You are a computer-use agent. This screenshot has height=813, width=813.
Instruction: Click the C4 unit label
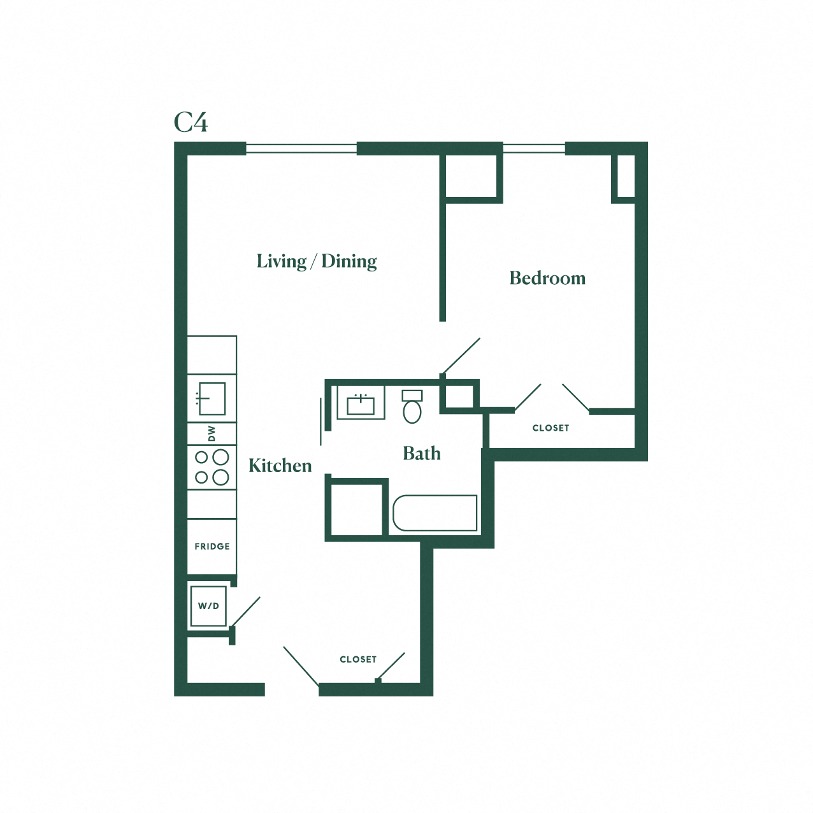click(x=191, y=122)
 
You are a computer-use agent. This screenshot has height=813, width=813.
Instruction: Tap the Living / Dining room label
click(x=317, y=261)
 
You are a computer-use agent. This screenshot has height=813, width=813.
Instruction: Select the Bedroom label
click(x=547, y=278)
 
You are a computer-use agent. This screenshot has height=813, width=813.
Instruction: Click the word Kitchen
click(x=280, y=466)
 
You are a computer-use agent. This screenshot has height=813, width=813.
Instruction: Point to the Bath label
click(x=421, y=454)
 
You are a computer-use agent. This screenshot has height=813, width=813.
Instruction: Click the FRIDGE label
click(x=212, y=547)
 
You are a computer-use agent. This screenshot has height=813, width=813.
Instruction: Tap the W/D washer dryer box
click(x=208, y=606)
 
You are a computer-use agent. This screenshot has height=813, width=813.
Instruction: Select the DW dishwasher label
click(x=212, y=433)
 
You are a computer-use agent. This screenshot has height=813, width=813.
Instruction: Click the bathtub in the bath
click(x=435, y=513)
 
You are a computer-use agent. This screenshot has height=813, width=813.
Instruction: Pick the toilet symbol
click(x=412, y=408)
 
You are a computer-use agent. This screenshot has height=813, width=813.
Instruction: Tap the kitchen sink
click(x=212, y=399)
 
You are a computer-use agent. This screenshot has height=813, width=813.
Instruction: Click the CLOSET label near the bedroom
click(x=550, y=428)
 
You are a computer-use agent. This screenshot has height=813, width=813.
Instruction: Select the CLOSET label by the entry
click(x=358, y=659)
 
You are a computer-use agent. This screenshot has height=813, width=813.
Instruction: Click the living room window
click(x=301, y=148)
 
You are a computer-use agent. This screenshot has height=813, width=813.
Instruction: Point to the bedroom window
click(x=534, y=148)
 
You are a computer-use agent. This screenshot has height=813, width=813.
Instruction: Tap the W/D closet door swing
click(x=246, y=612)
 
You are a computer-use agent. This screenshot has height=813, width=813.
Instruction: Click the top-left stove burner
click(x=201, y=457)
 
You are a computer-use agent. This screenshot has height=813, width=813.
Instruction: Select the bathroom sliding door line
click(x=320, y=421)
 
